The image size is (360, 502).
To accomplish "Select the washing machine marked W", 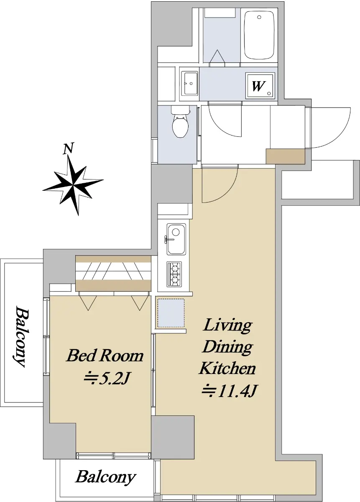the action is (x=260, y=85).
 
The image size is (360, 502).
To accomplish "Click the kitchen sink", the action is (x=176, y=239).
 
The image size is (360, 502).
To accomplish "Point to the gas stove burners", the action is (x=174, y=274).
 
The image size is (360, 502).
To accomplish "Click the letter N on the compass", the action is (x=68, y=149).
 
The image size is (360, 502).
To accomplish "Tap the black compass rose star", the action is (x=73, y=185).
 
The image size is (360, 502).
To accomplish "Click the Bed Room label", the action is (x=105, y=356).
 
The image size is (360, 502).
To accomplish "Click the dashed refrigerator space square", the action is (x=171, y=313).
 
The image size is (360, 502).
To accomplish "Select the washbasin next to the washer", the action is (x=189, y=83).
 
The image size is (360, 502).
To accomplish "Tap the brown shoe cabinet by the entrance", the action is (x=286, y=156).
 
